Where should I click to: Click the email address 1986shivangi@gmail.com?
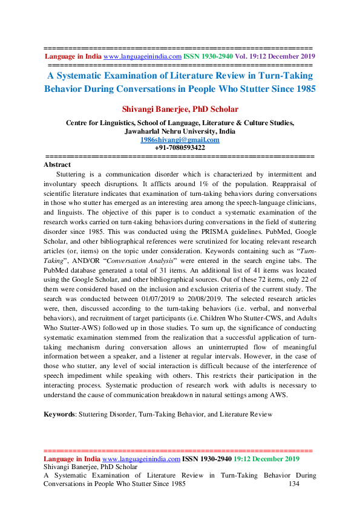180,140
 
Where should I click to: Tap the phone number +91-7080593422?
180,148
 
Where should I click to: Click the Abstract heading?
57,164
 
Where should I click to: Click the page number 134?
295,484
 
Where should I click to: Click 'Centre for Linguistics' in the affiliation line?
99,123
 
